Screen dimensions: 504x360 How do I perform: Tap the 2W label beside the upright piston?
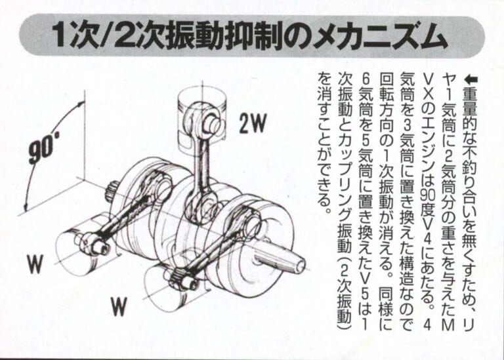pos(253,123)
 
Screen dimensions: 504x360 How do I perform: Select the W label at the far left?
pos(35,264)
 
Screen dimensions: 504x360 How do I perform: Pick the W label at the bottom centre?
pos(119,306)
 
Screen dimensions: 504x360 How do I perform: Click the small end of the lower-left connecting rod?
pos(94,243)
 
